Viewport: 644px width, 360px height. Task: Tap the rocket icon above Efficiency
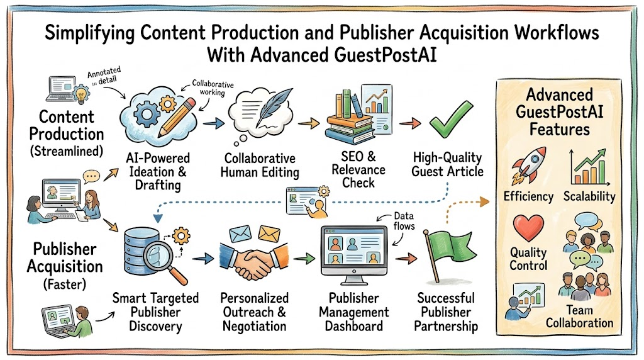[x=529, y=165]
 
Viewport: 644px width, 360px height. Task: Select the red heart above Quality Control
[x=528, y=228]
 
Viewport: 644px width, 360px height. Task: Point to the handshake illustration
[x=254, y=260]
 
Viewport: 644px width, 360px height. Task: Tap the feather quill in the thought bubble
[x=274, y=108]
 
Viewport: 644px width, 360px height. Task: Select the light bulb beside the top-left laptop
[x=81, y=94]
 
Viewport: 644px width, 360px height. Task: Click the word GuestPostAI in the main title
[x=386, y=55]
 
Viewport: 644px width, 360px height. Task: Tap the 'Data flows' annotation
[x=404, y=221]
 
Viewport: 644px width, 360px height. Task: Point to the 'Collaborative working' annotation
[x=213, y=88]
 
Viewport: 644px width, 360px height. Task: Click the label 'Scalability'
[x=589, y=197]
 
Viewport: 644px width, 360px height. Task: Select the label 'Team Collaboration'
[x=579, y=316]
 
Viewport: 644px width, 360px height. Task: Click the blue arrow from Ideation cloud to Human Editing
[x=214, y=123]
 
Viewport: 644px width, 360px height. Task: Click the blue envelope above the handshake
[x=240, y=234]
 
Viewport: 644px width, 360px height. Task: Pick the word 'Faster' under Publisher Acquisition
[x=65, y=284]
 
